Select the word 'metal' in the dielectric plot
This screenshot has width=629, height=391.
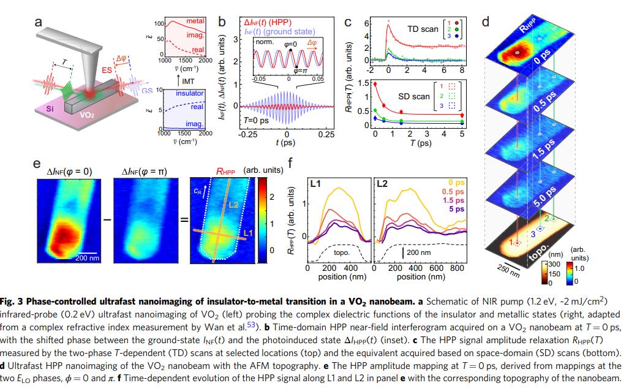pyautogui.click(x=195, y=21)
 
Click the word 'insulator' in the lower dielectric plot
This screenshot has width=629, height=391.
pyautogui.click(x=190, y=93)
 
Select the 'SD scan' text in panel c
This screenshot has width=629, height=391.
pyautogui.click(x=414, y=96)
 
